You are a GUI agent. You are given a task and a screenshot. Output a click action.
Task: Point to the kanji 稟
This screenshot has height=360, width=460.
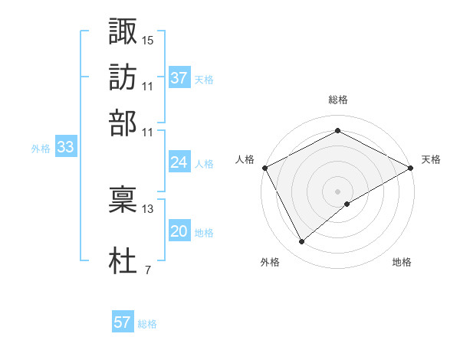[123, 199]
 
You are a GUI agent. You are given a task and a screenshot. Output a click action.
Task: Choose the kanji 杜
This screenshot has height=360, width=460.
[123, 260]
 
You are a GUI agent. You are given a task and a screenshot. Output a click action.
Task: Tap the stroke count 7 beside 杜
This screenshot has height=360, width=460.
[147, 270]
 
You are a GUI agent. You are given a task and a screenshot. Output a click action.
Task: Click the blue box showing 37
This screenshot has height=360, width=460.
[179, 77]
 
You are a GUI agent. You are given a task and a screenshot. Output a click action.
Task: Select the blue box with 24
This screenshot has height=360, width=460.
[179, 162]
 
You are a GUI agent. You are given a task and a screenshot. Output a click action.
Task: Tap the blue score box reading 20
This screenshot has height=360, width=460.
[179, 231]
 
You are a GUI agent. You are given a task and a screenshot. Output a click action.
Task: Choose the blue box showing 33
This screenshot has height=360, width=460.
[65, 148]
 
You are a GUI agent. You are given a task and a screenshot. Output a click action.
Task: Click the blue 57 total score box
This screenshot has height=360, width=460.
[123, 322]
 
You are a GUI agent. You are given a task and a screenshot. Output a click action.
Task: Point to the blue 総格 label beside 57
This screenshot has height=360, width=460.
[147, 324]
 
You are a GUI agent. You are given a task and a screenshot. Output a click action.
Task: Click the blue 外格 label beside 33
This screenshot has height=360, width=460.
[41, 149]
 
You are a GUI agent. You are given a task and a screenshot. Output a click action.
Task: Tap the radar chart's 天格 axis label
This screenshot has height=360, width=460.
[432, 159]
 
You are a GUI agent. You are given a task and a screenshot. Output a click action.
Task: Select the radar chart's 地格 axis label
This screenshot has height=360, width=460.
[402, 262]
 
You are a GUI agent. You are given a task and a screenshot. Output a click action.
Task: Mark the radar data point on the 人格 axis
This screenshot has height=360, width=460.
[264, 167]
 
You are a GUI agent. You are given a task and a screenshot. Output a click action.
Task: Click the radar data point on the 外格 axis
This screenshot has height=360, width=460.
[302, 242]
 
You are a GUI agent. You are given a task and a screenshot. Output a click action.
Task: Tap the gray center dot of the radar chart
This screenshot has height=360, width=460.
[338, 191]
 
